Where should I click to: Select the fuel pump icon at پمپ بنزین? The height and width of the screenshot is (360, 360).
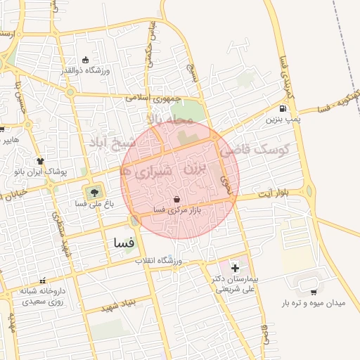tap(282, 108)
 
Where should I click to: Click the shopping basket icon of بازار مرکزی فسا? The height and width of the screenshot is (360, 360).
tap(175, 199)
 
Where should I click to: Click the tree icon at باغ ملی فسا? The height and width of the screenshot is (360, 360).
tap(92, 191)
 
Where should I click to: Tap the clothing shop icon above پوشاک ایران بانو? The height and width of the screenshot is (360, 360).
tap(40, 161)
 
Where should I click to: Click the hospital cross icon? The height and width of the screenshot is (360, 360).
tap(235, 268)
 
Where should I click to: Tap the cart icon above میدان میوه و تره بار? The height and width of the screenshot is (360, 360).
tap(313, 290)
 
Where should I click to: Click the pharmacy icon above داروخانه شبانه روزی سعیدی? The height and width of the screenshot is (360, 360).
tap(43, 280)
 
